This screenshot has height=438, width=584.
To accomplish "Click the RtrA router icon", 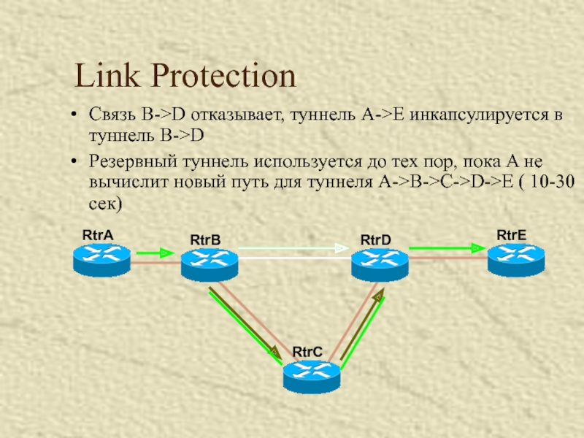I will click(x=101, y=258).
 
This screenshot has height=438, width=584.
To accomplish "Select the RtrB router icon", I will click(x=210, y=264).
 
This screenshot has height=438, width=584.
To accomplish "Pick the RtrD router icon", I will click(x=380, y=263).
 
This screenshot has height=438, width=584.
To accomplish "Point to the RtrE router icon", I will click(x=516, y=258).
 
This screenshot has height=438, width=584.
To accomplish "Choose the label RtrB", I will click(x=205, y=240).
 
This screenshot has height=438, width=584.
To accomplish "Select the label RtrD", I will click(x=376, y=240).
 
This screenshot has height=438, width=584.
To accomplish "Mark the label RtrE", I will click(x=511, y=234).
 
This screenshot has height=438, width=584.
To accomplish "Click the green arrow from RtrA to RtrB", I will click(x=155, y=253).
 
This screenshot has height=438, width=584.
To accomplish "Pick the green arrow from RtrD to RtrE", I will click(x=445, y=248).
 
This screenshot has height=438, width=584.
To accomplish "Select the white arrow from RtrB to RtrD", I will click(x=292, y=249).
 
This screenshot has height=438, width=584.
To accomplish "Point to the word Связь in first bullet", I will click(x=112, y=115).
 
